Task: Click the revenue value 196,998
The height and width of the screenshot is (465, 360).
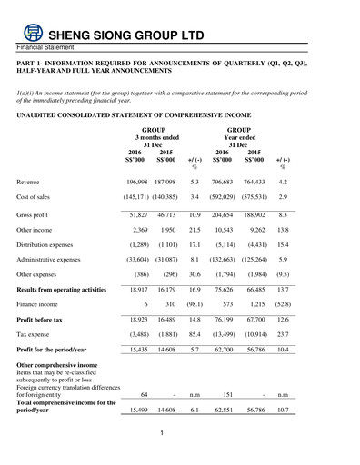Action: (134, 182)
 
